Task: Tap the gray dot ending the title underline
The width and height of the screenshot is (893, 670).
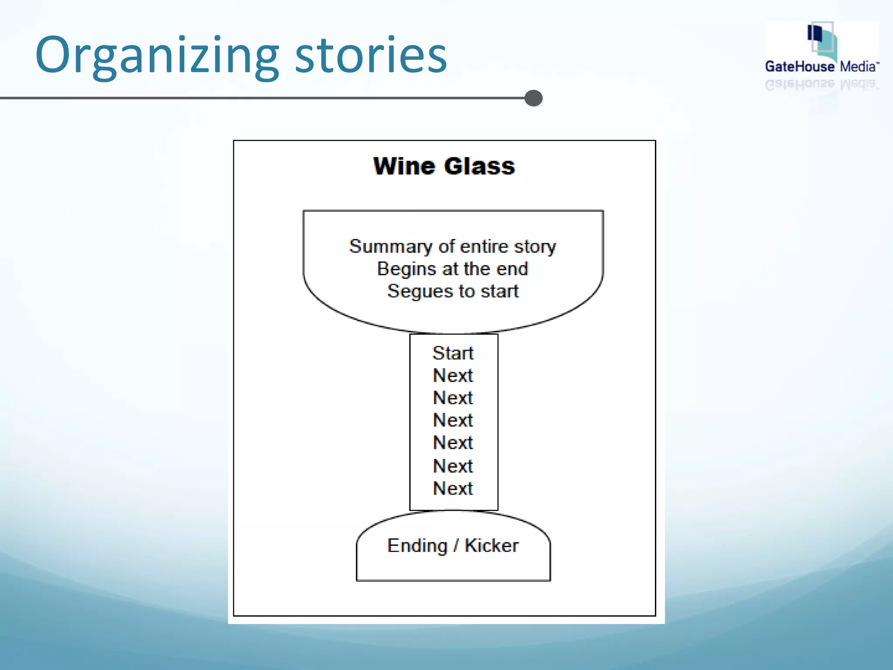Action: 533,98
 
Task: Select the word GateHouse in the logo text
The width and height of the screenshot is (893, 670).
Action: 799,67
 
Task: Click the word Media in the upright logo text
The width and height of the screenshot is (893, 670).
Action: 858,67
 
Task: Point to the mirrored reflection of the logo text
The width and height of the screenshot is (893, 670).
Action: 821,85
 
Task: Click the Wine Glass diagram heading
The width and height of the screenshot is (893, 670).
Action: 444,166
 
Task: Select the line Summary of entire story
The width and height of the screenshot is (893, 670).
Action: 453,246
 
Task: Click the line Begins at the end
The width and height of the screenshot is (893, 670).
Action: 453,269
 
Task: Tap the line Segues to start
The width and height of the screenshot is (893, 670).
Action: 453,291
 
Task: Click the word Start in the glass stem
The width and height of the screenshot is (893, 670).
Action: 453,353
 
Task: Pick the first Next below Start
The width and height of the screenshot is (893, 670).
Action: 453,376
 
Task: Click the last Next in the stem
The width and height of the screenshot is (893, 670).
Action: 453,489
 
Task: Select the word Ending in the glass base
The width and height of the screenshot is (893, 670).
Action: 417,546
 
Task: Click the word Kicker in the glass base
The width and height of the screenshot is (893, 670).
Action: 491,546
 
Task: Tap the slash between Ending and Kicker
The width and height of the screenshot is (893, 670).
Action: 456,546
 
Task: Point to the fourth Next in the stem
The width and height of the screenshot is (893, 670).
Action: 453,443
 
